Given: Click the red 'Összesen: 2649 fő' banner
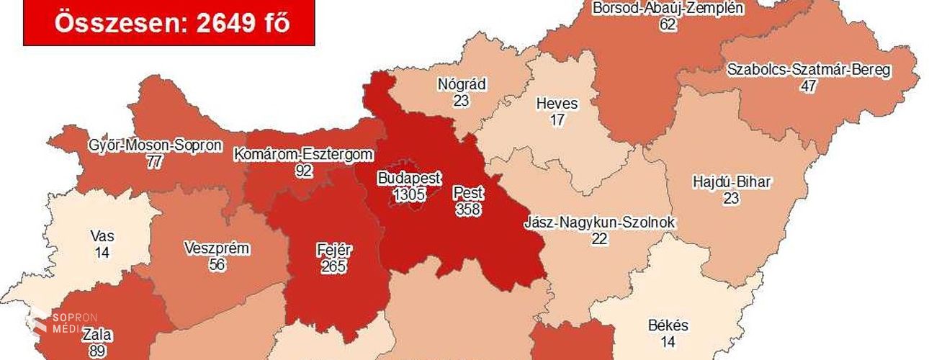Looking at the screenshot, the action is pos(169,22).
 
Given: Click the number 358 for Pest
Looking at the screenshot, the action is pos(469,209).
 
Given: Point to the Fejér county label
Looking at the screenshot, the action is pos(334,251).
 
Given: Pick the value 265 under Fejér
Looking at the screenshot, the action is pos(334,266).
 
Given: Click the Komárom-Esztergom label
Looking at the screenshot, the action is pos(303,153).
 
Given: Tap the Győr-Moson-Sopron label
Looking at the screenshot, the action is pos(154,145).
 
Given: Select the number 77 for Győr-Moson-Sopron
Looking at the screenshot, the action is pos(154,161).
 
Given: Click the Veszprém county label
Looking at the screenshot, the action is pos(217,249).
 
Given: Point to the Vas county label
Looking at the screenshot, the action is pos(102,236).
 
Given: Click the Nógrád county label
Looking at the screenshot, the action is pos(462,85).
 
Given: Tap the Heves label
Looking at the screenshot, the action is pos(557,104).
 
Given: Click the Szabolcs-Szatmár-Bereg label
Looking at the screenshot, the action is pos(809,71).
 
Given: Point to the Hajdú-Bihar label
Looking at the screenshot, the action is pos(730,182).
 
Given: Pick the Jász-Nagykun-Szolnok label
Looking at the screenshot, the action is pos(600,223).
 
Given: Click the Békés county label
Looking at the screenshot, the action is pos(667,325).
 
